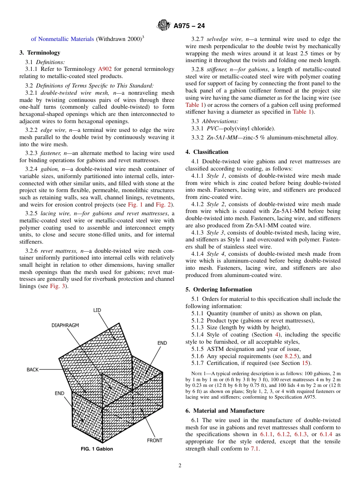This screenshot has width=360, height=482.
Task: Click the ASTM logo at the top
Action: point(164,26)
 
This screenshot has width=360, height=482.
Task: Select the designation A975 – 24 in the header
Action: point(189,26)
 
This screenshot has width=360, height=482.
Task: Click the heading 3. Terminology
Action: point(40,53)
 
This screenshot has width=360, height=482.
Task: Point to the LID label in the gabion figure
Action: point(97,310)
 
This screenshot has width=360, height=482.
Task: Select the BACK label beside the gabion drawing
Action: point(33,369)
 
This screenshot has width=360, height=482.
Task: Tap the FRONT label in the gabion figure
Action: point(155,440)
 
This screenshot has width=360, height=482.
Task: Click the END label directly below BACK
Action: point(59,393)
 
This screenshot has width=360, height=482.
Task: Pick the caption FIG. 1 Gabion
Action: point(97,449)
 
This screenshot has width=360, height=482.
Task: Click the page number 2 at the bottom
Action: point(180,466)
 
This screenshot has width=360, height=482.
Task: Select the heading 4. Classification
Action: point(207,152)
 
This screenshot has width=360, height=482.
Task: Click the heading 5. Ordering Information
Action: point(219,290)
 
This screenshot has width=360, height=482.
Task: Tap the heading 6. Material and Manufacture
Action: point(225,411)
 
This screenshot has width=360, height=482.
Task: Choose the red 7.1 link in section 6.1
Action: point(255,449)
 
